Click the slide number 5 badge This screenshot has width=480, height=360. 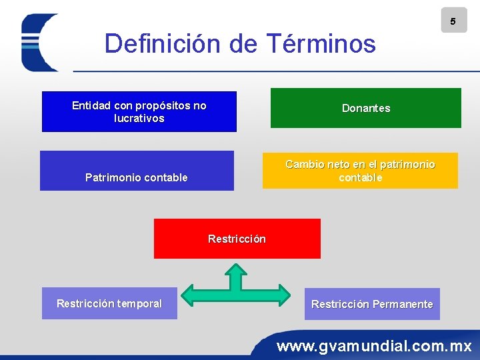[453, 21]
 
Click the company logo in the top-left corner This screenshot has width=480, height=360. [40, 42]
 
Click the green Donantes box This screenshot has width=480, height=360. [365, 108]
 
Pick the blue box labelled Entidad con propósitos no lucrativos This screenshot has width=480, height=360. [139, 112]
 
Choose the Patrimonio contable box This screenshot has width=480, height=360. [137, 171]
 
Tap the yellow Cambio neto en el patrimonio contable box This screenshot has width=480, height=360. [360, 171]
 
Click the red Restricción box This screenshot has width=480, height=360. [237, 239]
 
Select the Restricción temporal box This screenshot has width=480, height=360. [109, 304]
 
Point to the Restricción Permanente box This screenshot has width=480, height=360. [372, 304]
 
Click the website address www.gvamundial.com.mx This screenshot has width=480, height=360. [374, 346]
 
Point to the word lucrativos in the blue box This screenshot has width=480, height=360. [139, 118]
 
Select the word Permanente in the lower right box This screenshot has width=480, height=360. [403, 304]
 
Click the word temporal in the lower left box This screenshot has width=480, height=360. [139, 303]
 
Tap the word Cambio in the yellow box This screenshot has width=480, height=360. [304, 164]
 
